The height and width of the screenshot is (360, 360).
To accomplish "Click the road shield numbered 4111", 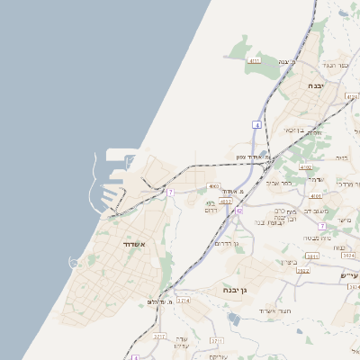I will tap(254, 61).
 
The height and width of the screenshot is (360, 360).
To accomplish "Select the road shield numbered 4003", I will tap(213, 186).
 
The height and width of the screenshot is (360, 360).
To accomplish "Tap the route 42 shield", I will tap(240, 211).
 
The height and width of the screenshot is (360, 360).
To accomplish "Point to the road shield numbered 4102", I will tap(305, 167).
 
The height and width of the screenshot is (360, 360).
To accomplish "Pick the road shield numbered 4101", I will tap(314, 194).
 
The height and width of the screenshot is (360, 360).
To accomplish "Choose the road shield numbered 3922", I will tap(302, 270).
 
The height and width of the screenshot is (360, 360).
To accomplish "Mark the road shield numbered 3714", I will tap(183, 300).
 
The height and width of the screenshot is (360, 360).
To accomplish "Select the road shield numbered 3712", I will tap(159, 337).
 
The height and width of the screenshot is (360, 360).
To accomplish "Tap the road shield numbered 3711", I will tap(216, 341).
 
